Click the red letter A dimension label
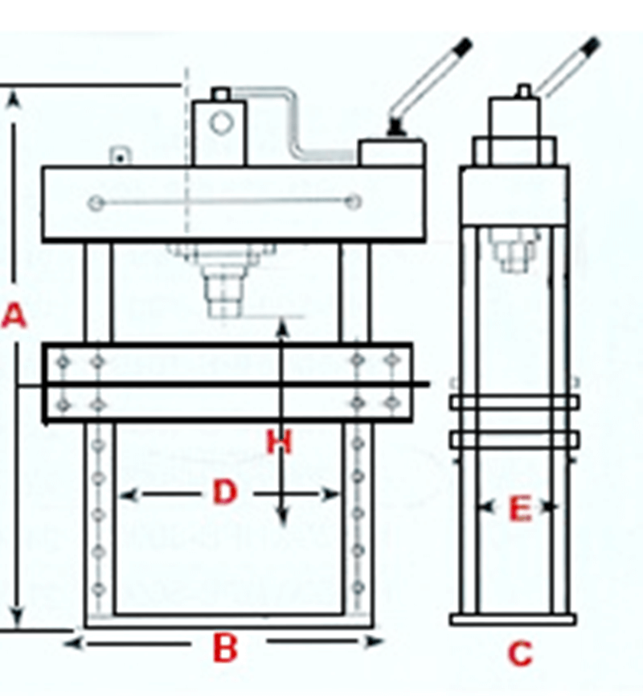[14, 315]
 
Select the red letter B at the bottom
[225, 648]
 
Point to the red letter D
[225, 492]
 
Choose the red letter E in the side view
[520, 509]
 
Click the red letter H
[280, 442]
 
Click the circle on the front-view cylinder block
[221, 123]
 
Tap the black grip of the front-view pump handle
[463, 45]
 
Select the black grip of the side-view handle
[591, 45]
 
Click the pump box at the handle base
[391, 153]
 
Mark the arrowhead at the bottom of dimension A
[16, 615]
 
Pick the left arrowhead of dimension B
[73, 643]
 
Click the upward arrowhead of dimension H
[282, 329]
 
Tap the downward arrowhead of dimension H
[282, 517]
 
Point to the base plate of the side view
[513, 620]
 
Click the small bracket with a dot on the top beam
[120, 156]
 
